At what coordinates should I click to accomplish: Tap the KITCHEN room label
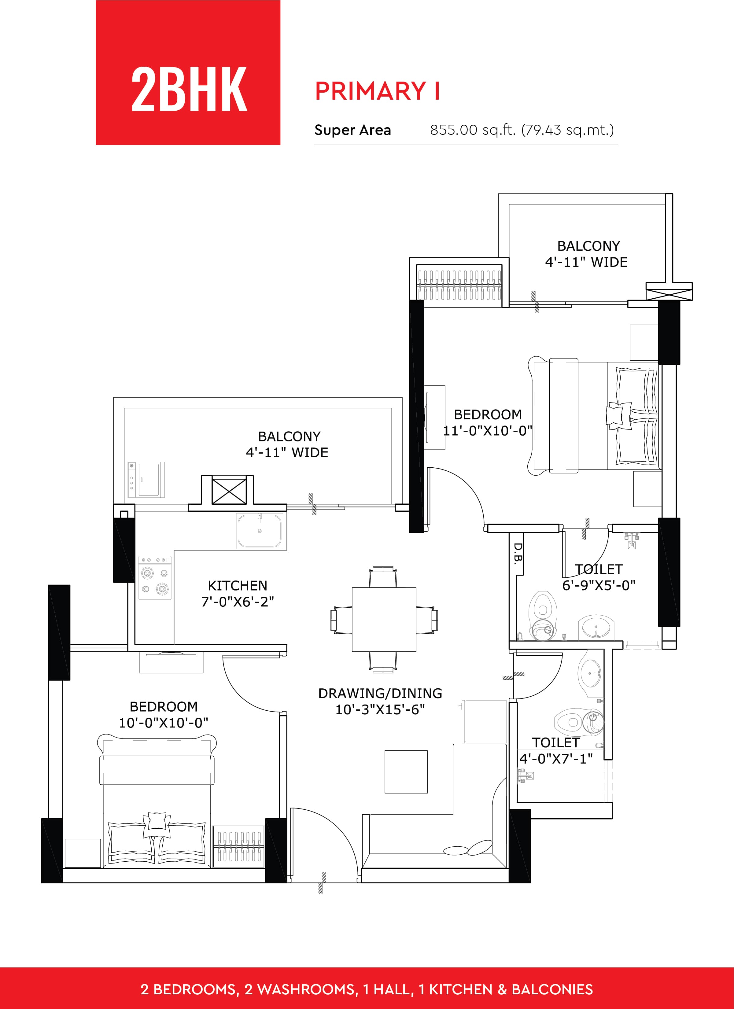pyautogui.click(x=238, y=585)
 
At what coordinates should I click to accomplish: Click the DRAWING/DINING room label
pyautogui.click(x=380, y=693)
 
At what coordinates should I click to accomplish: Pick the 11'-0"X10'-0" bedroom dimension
pyautogui.click(x=488, y=431)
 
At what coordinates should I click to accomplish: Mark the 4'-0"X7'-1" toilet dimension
pyautogui.click(x=556, y=759)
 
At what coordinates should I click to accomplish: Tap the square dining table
pyautogui.click(x=384, y=620)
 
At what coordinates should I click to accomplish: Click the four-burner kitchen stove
pyautogui.click(x=155, y=577)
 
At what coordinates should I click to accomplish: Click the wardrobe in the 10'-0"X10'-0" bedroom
pyautogui.click(x=238, y=847)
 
